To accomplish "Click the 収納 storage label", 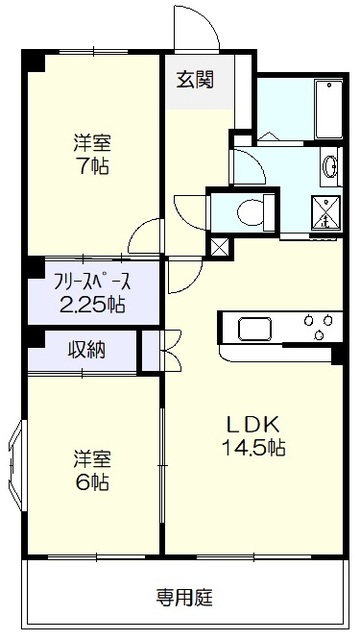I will tap(87, 350).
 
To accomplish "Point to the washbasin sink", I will tap(331, 168).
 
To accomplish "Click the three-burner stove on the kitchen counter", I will tap(318, 327).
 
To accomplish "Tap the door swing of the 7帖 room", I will tap(145, 238).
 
